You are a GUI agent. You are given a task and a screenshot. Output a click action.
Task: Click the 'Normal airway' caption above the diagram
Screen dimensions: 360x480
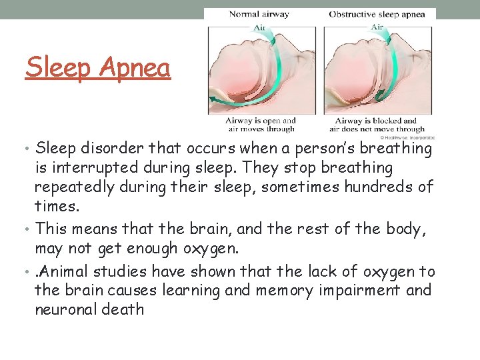259,13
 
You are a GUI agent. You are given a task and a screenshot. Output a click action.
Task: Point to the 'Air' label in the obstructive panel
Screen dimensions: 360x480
377,27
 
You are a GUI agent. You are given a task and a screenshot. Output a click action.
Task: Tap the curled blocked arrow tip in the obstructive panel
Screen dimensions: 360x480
379,94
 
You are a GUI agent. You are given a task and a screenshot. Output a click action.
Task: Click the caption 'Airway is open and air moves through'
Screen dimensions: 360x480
261,125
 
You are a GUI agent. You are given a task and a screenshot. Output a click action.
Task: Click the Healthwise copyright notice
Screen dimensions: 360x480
408,137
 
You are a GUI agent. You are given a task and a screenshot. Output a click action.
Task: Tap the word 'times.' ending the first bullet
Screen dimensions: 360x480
54,207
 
